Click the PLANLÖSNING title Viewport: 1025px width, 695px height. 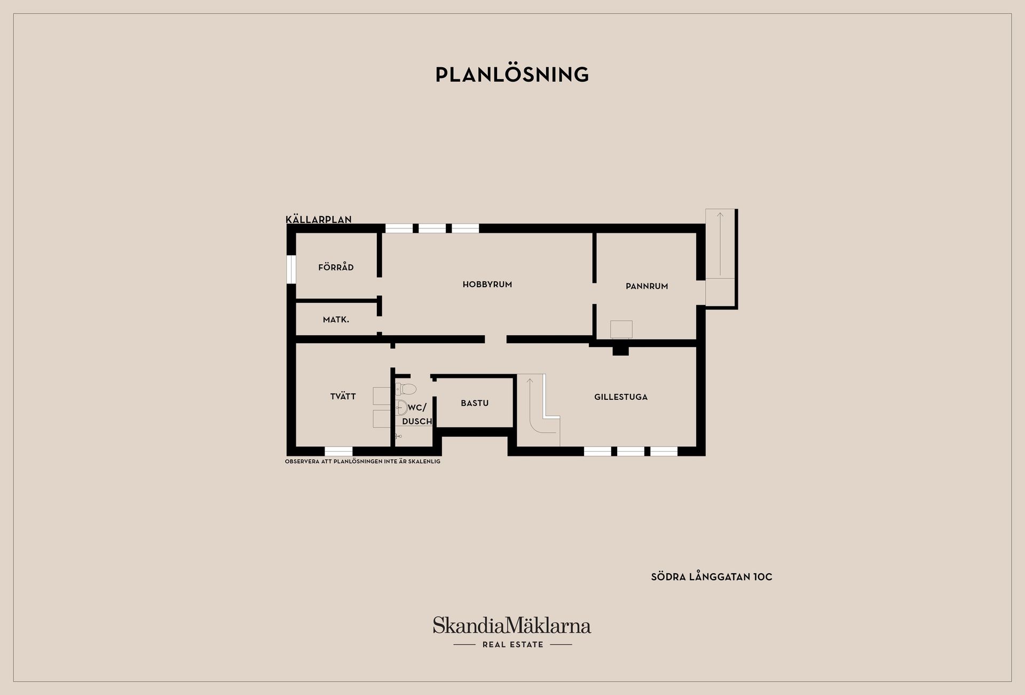(x=512, y=75)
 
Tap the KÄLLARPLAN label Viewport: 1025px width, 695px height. (x=319, y=219)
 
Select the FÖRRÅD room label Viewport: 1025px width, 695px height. (x=336, y=267)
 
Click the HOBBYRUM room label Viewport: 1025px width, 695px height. (x=487, y=285)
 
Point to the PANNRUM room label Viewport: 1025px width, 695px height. (x=647, y=286)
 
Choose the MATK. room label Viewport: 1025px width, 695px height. (x=336, y=320)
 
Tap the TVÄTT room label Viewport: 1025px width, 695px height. (x=343, y=396)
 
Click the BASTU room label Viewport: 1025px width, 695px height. (x=475, y=403)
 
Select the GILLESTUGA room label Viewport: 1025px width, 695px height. (x=621, y=397)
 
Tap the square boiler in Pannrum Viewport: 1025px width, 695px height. (x=621, y=329)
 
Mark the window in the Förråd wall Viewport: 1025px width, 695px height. (x=291, y=270)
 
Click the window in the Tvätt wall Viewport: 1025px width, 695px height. (x=338, y=451)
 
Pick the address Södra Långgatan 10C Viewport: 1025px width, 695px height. (x=712, y=577)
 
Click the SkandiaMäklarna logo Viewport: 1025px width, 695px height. (x=512, y=626)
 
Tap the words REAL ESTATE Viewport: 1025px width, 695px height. (x=513, y=645)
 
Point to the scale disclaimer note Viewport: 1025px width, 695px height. (x=363, y=461)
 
